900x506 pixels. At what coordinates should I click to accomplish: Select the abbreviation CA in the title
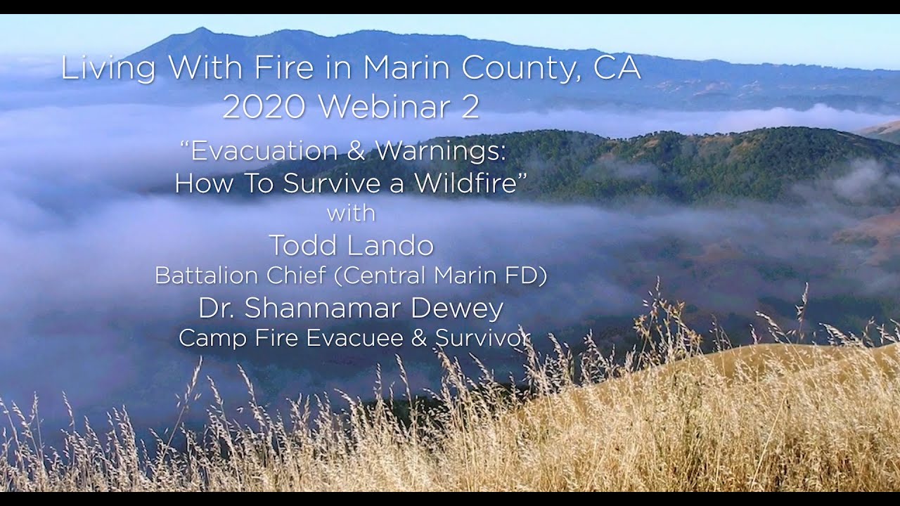point(617,68)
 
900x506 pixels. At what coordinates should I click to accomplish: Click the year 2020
point(264,107)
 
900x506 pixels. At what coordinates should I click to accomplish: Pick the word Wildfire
point(468,183)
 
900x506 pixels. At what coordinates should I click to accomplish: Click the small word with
point(351,213)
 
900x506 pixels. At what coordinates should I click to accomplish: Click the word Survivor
point(482,338)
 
